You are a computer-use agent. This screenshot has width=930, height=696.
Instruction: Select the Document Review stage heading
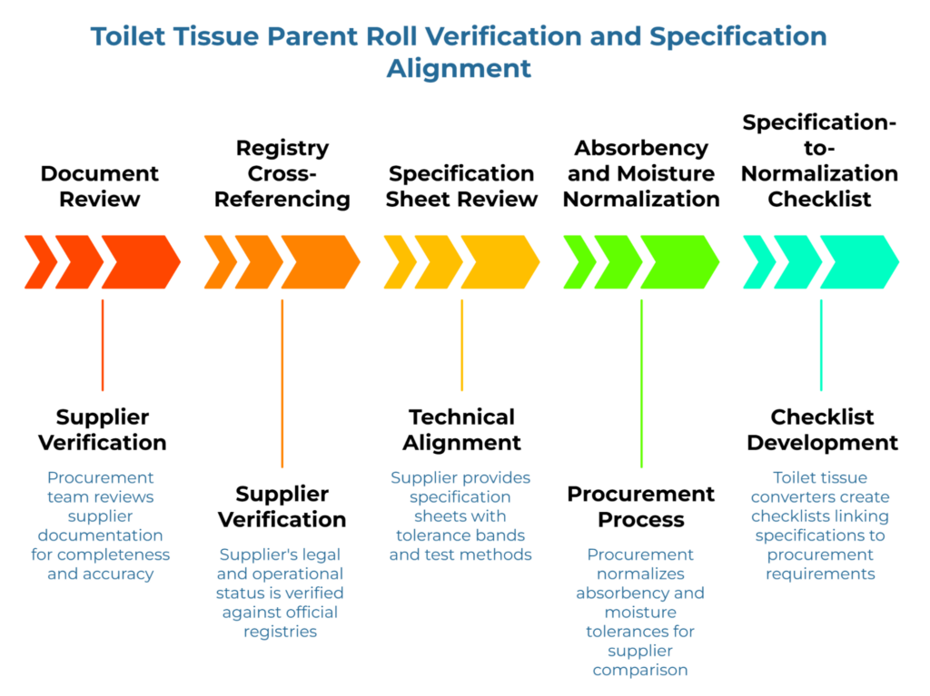tap(100, 186)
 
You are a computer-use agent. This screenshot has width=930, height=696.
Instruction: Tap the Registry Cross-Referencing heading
tap(282, 173)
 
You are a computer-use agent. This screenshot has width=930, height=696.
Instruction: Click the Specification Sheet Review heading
tap(461, 186)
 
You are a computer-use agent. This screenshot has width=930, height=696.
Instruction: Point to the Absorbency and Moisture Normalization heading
tap(641, 173)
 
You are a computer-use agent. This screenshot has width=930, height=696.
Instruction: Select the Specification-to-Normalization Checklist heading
tap(819, 161)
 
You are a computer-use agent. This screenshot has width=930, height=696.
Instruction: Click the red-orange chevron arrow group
tap(102, 262)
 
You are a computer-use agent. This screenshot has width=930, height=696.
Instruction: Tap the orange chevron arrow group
tap(282, 262)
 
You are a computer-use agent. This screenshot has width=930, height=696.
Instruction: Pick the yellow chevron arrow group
tap(461, 262)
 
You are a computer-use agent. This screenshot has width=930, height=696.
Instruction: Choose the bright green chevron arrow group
tap(641, 262)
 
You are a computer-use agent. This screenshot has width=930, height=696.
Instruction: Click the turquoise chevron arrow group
tap(821, 262)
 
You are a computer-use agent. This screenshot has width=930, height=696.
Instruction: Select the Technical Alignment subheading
tap(461, 430)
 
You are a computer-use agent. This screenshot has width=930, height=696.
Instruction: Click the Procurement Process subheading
tap(641, 507)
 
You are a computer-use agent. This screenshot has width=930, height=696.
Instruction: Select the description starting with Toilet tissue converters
tap(820, 525)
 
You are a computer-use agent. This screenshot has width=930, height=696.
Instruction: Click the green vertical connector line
tap(641, 381)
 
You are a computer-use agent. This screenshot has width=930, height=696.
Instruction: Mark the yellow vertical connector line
tap(461, 345)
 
